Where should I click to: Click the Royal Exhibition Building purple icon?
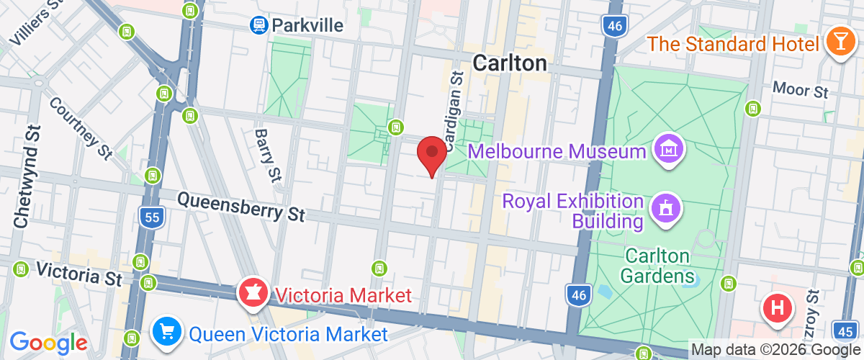pos(665,210)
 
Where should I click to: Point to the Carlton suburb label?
pos(510,63)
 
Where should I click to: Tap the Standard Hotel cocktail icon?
pos(840,42)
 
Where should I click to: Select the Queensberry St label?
pos(241,205)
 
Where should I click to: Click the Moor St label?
pos(801,90)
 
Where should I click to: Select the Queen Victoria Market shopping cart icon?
pos(167,333)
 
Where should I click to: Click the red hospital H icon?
pos(778,310)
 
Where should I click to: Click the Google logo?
pos(48,343)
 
